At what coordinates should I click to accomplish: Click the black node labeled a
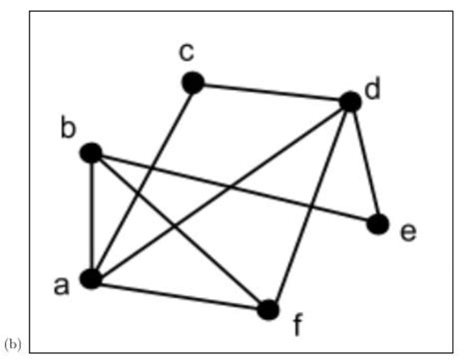click(91, 279)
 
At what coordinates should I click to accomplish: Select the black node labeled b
click(91, 153)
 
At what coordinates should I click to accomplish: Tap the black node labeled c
click(193, 83)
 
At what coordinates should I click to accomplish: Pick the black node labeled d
click(349, 101)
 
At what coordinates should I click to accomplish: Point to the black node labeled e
click(377, 223)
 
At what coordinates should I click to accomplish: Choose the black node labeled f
click(267, 309)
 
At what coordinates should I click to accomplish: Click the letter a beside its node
click(61, 286)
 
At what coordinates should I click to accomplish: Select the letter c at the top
click(187, 50)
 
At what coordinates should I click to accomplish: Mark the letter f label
click(296, 325)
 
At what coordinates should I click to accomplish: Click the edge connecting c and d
click(270, 92)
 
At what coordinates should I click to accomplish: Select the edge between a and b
click(91, 215)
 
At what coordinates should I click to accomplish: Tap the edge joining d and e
click(363, 162)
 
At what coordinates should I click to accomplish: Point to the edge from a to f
click(179, 294)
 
